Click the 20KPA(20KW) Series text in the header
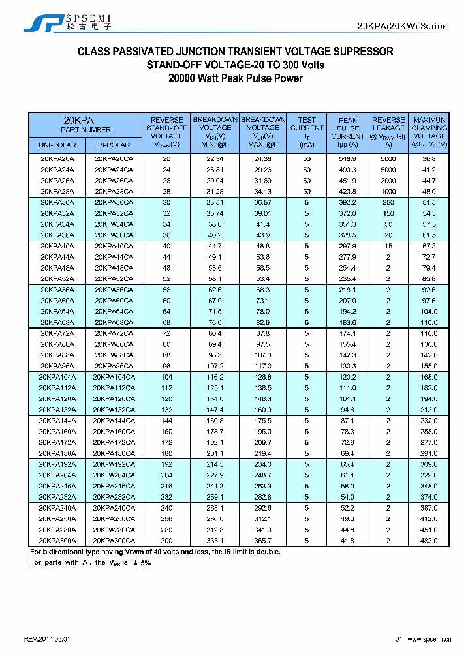402,26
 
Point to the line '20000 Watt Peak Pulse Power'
236,78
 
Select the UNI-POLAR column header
57,145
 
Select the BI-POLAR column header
114,145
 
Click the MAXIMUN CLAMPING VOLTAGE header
429,132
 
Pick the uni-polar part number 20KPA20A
57,159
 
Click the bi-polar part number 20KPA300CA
114,541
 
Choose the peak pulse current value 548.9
347,159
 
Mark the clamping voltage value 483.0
429,541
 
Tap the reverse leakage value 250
388,203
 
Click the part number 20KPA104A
57,377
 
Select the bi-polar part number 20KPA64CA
114,312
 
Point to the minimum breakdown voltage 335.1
215,541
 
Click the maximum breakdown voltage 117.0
263,366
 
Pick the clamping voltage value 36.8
429,159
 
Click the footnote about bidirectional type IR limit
155,552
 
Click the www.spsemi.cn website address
429,639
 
